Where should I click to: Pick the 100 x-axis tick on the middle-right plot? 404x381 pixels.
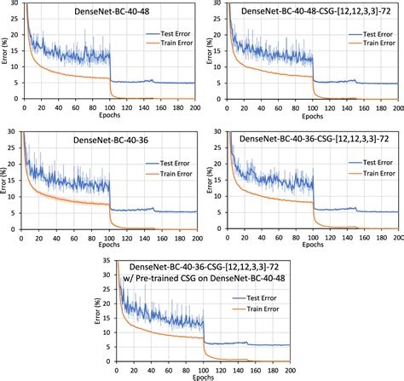pos(315,236)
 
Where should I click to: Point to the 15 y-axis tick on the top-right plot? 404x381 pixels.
pos(218,50)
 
